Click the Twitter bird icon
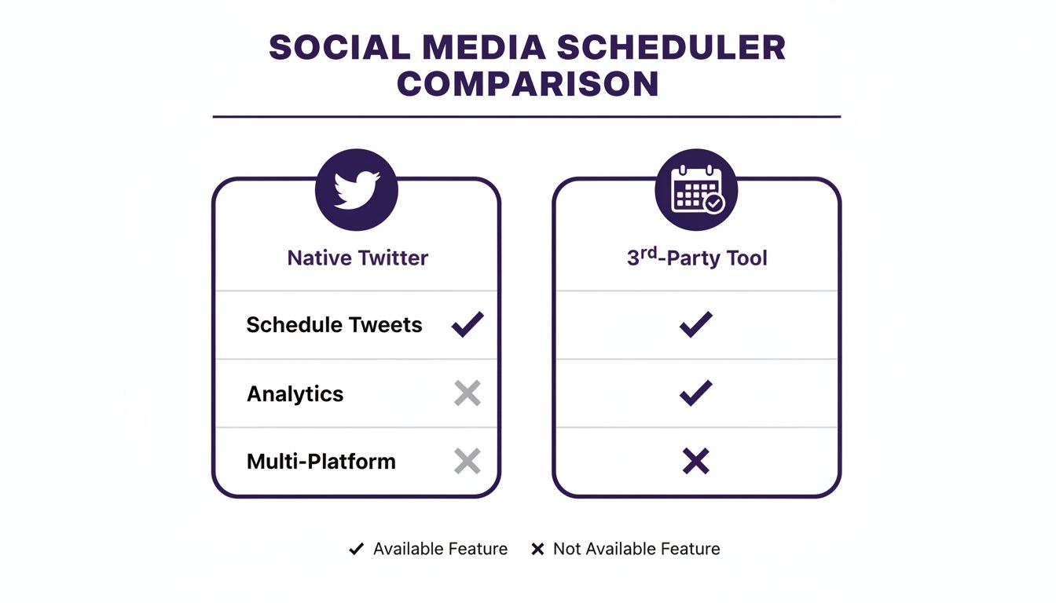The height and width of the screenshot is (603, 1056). coord(356,189)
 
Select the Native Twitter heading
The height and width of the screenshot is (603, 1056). coord(357,258)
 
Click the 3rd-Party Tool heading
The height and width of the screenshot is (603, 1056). coord(697,258)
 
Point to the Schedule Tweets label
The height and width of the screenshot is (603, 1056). coord(334,325)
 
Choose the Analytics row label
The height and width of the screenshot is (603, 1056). coord(295,393)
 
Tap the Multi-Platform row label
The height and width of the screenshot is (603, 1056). coord(321,461)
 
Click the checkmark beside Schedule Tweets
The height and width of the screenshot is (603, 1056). coord(467,324)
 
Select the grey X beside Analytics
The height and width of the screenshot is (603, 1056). coord(467,393)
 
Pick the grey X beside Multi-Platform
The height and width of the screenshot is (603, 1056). coord(467,461)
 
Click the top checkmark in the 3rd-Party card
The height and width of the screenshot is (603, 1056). coord(696,324)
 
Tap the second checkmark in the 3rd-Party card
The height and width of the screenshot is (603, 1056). coord(696,393)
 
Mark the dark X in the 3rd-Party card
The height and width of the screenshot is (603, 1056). coord(696,461)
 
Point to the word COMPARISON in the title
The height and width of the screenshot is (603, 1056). coord(527,84)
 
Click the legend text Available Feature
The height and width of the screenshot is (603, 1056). coord(440,549)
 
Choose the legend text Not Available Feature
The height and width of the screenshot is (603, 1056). coord(636,549)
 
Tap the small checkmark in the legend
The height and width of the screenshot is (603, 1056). coord(357,549)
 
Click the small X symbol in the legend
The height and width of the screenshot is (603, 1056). coord(537,549)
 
